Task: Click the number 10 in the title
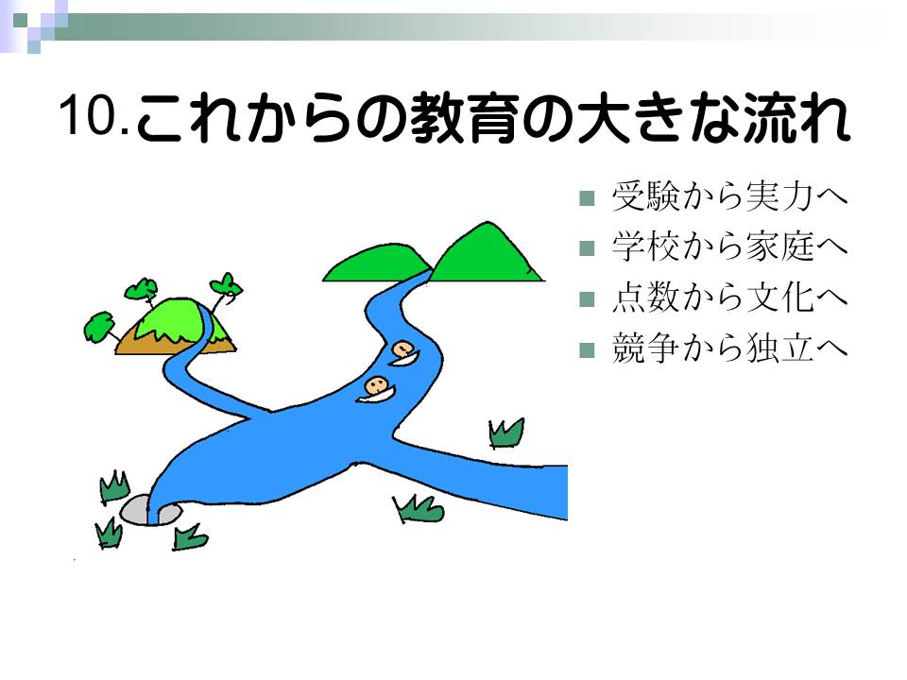(x=86, y=114)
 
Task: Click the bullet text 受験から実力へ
(x=729, y=196)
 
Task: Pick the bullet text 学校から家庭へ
(x=729, y=246)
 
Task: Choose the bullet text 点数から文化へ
(x=729, y=297)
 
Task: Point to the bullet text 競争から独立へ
(x=729, y=348)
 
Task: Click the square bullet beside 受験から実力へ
(x=587, y=198)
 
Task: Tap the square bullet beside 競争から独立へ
(x=587, y=350)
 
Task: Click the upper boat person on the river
(x=403, y=352)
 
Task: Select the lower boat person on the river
(x=376, y=388)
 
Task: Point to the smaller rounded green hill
(x=377, y=263)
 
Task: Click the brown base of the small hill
(x=150, y=342)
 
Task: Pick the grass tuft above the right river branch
(x=506, y=433)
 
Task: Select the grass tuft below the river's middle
(x=419, y=509)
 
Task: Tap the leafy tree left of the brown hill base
(x=99, y=327)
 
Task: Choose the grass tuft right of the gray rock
(x=190, y=537)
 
